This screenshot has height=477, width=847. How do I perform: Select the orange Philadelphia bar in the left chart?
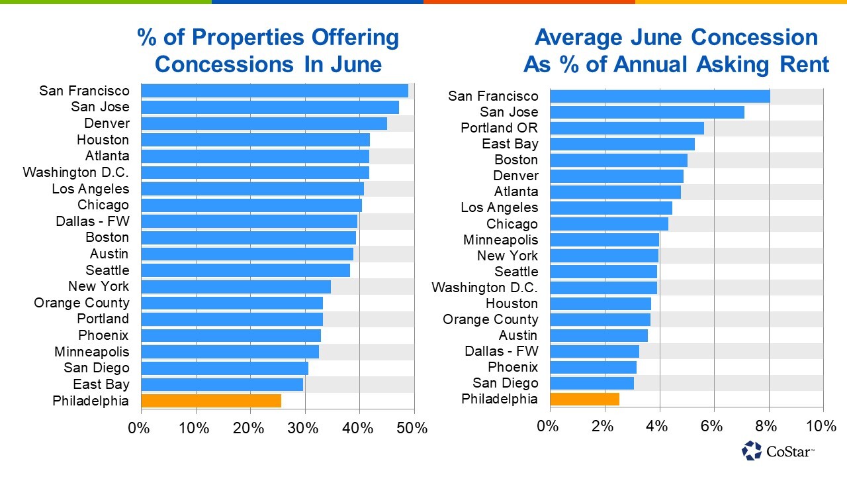(211, 401)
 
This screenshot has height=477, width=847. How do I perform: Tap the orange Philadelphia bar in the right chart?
(584, 399)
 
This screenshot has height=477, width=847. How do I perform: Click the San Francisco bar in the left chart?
(275, 91)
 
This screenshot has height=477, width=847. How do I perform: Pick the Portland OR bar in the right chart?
(627, 128)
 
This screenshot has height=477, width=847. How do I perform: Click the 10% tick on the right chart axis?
(823, 426)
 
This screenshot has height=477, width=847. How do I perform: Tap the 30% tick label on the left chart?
(304, 428)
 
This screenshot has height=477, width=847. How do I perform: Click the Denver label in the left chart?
(107, 123)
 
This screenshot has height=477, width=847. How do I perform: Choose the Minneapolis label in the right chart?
(501, 240)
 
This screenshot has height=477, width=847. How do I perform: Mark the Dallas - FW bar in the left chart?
(249, 221)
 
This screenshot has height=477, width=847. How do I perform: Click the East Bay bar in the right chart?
(622, 144)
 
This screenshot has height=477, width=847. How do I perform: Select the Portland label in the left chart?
(103, 319)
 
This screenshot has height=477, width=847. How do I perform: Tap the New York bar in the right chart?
(604, 256)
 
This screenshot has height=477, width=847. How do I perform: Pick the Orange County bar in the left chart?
(232, 303)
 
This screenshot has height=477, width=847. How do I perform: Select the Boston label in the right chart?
(516, 160)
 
